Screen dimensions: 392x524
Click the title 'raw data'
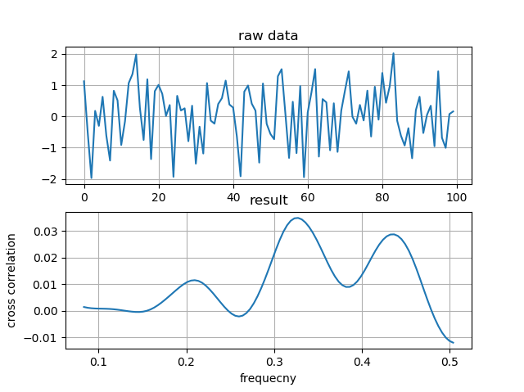coord(268,36)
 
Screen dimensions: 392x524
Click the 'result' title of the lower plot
coord(268,201)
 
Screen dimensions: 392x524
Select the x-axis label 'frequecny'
coord(268,379)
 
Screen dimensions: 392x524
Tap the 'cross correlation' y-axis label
coord(12,281)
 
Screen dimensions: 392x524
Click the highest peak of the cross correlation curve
coord(296,218)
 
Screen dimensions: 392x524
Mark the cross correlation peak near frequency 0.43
coord(393,234)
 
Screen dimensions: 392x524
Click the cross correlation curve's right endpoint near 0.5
coord(453,342)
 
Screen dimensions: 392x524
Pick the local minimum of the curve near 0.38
coord(347,286)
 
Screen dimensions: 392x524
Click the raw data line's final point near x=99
coord(453,111)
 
